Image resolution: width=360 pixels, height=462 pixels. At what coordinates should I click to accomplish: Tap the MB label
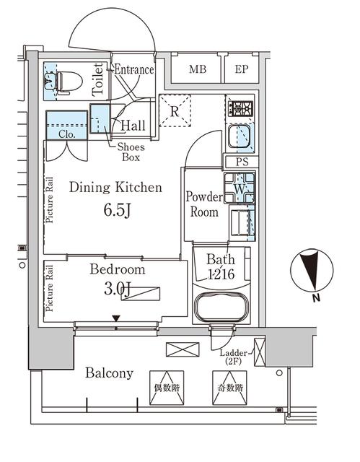[x=198, y=69]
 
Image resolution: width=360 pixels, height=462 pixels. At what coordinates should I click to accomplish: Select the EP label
[x=242, y=69]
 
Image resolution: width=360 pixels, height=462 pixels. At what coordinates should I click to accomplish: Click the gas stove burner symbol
[x=241, y=108]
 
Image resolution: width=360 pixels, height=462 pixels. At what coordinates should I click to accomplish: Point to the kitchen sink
[x=240, y=136]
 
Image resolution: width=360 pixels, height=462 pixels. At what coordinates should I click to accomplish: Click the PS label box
[x=241, y=162]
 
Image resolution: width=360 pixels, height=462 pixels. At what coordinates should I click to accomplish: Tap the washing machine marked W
[x=240, y=188]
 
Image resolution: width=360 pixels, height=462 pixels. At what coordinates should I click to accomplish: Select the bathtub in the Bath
[x=221, y=307]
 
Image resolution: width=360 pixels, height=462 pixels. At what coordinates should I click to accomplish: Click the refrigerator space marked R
[x=175, y=110]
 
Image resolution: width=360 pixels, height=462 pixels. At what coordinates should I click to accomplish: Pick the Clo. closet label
[x=67, y=134]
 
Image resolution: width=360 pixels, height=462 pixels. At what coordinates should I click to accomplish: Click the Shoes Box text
[x=131, y=152]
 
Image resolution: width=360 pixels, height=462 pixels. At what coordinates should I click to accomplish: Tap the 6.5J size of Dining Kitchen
[x=117, y=210]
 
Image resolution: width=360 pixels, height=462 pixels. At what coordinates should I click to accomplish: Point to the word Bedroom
[x=118, y=269]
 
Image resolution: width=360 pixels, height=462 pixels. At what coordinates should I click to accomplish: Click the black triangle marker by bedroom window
[x=117, y=318]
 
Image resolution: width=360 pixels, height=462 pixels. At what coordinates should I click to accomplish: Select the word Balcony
[x=109, y=373]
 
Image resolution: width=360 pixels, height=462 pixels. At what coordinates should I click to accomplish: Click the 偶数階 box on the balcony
[x=167, y=388]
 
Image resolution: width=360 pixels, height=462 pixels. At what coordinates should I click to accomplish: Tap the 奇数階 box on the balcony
[x=230, y=388]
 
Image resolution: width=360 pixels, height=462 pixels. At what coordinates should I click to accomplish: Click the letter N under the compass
[x=316, y=298]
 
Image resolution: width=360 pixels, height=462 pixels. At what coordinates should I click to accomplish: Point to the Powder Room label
[x=204, y=204]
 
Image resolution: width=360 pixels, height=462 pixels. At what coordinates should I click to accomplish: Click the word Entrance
[x=134, y=69]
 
